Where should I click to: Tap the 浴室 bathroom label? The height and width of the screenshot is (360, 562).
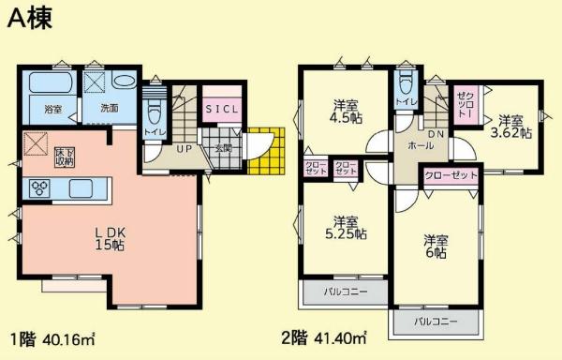(x=53, y=110)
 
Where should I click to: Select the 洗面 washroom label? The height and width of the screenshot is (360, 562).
(x=110, y=108)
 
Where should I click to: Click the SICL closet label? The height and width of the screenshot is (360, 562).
(x=223, y=108)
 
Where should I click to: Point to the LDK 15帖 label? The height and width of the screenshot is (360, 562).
(x=109, y=238)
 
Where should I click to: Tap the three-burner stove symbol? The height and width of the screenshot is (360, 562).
(x=41, y=186)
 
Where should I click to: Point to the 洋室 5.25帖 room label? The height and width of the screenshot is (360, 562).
(x=345, y=227)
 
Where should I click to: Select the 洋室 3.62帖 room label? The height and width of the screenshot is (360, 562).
(x=513, y=127)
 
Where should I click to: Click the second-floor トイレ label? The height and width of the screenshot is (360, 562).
(x=406, y=101)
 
